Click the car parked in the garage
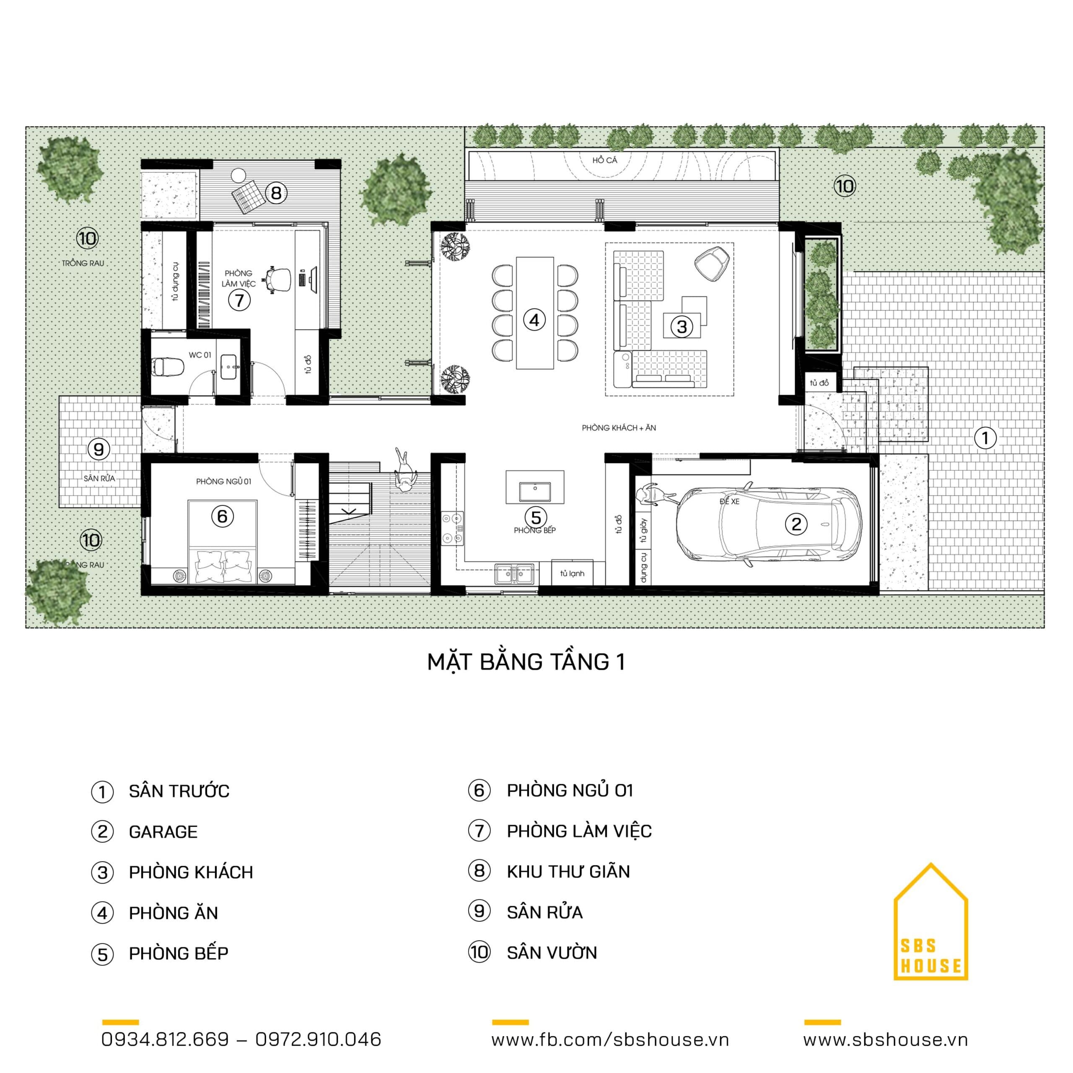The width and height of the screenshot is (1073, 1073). coord(769,524)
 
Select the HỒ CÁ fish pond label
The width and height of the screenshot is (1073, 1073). coord(604,161)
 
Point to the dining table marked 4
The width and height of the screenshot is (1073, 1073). coord(535,313)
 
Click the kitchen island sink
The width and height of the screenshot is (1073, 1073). coord(535,492)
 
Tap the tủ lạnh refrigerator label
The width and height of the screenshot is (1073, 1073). coord(572,573)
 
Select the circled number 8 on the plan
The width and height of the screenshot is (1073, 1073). coord(276,193)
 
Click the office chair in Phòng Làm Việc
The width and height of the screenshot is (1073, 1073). coord(278,280)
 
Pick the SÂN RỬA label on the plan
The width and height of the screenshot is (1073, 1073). coord(99,478)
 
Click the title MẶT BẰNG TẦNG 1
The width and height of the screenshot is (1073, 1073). coord(526,662)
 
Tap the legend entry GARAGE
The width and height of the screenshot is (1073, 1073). coord(163,832)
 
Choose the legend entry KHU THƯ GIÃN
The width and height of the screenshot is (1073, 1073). coord(568,871)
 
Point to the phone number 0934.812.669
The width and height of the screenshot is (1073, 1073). coord(165,1039)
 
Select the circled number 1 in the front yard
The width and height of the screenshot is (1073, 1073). coord(985,438)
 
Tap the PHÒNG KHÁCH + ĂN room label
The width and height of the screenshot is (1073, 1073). coord(619,428)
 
